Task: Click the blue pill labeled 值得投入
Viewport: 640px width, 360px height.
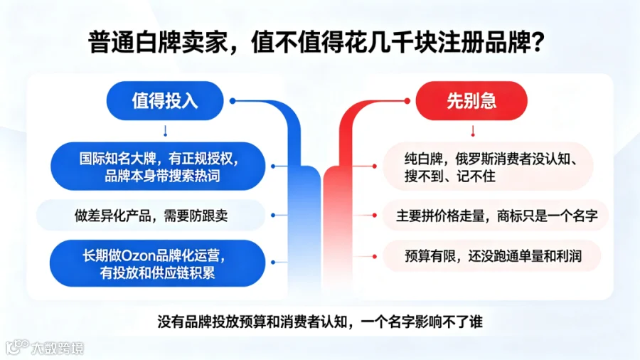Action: click(165, 101)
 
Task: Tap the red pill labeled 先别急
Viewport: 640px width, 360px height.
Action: click(471, 101)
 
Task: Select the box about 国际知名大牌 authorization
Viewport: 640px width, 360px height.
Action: click(158, 166)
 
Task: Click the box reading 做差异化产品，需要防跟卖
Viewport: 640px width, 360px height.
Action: click(151, 216)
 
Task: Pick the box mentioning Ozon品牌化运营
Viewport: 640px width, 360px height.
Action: click(158, 263)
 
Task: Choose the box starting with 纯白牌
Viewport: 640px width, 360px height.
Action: click(488, 166)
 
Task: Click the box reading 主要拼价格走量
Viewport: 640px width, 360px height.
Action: click(496, 216)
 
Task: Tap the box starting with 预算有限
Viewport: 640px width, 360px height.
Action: click(492, 256)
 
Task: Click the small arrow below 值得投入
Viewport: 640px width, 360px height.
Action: click(165, 131)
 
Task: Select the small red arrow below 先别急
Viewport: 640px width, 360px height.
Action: click(473, 131)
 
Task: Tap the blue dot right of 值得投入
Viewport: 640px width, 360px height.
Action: click(233, 101)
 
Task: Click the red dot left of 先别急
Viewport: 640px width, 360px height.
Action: click(407, 101)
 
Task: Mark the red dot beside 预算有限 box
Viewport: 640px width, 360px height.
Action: click(374, 256)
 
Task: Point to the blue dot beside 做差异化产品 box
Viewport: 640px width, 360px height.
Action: click(273, 215)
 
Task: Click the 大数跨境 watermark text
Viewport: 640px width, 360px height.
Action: click(58, 348)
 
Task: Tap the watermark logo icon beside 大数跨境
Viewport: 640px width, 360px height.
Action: click(17, 347)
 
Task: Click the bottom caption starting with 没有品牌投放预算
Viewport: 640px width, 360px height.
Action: click(320, 322)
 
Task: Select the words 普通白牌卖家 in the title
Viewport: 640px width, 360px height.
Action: click(158, 42)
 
